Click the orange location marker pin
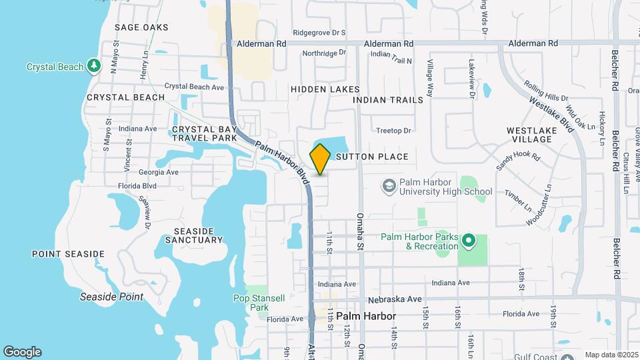point(320,159)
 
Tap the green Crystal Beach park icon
point(95,65)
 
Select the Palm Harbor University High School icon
point(388,186)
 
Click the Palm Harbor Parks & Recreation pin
point(469,241)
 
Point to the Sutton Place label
point(372,157)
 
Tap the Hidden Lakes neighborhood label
point(325,89)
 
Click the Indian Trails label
point(388,100)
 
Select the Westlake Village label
point(529,135)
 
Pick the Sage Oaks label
point(141,27)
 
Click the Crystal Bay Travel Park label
point(204,133)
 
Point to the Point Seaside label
point(68,254)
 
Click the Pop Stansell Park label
point(251,302)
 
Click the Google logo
point(22,352)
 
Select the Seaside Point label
point(111,297)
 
